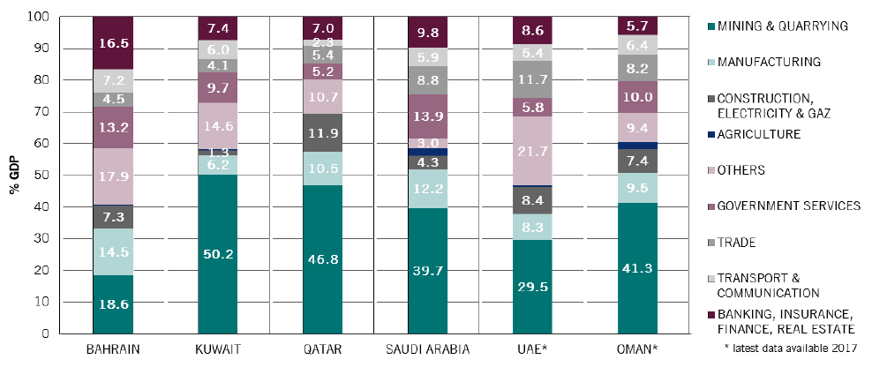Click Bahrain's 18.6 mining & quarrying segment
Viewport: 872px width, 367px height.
pos(114,303)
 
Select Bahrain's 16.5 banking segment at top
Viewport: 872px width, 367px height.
pos(114,42)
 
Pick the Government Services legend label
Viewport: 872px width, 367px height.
pos(785,206)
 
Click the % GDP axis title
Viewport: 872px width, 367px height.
pos(15,176)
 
